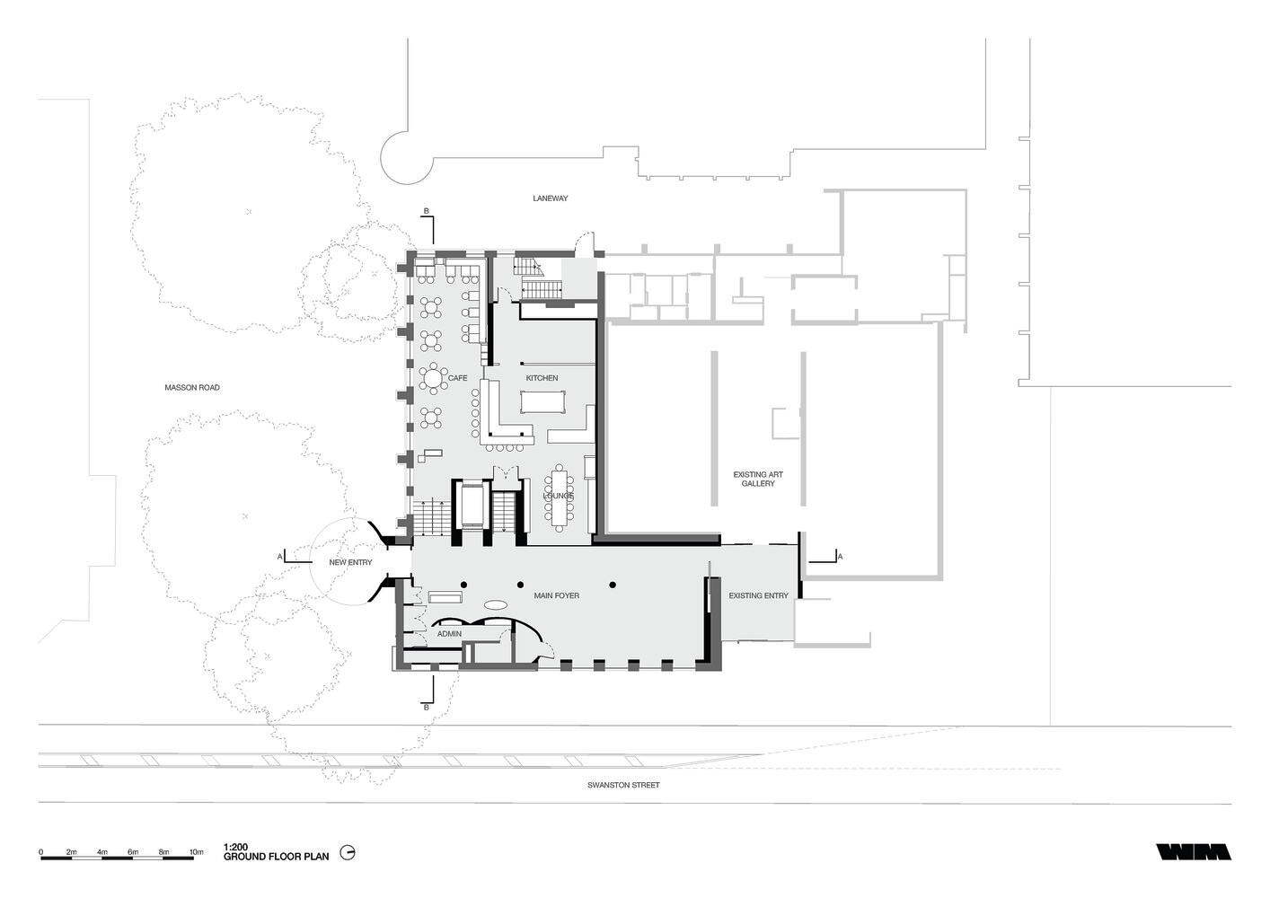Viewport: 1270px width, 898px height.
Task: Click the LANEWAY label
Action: [550, 198]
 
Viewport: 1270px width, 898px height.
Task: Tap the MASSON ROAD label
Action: [192, 388]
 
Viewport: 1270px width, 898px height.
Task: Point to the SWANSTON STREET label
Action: [623, 785]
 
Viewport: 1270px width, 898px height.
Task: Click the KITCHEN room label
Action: [542, 378]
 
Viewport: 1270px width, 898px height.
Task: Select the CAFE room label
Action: [457, 378]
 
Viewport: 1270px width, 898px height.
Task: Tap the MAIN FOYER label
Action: [556, 596]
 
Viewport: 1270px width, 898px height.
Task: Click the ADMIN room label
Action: [449, 634]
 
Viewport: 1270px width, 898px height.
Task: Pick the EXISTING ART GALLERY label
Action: [758, 479]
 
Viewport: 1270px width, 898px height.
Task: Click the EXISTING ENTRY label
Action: [758, 596]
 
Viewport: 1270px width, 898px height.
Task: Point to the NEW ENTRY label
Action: [350, 562]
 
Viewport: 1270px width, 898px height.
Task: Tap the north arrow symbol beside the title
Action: [348, 852]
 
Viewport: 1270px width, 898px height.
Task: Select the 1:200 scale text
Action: [235, 848]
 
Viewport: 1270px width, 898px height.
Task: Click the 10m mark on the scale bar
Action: [196, 851]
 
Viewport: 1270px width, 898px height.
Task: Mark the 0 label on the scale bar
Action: [40, 851]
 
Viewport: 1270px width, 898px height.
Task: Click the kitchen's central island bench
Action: [543, 402]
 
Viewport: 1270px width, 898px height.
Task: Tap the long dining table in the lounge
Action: [559, 497]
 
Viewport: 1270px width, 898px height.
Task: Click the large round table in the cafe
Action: [434, 377]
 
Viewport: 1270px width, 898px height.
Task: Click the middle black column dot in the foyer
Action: [520, 585]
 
